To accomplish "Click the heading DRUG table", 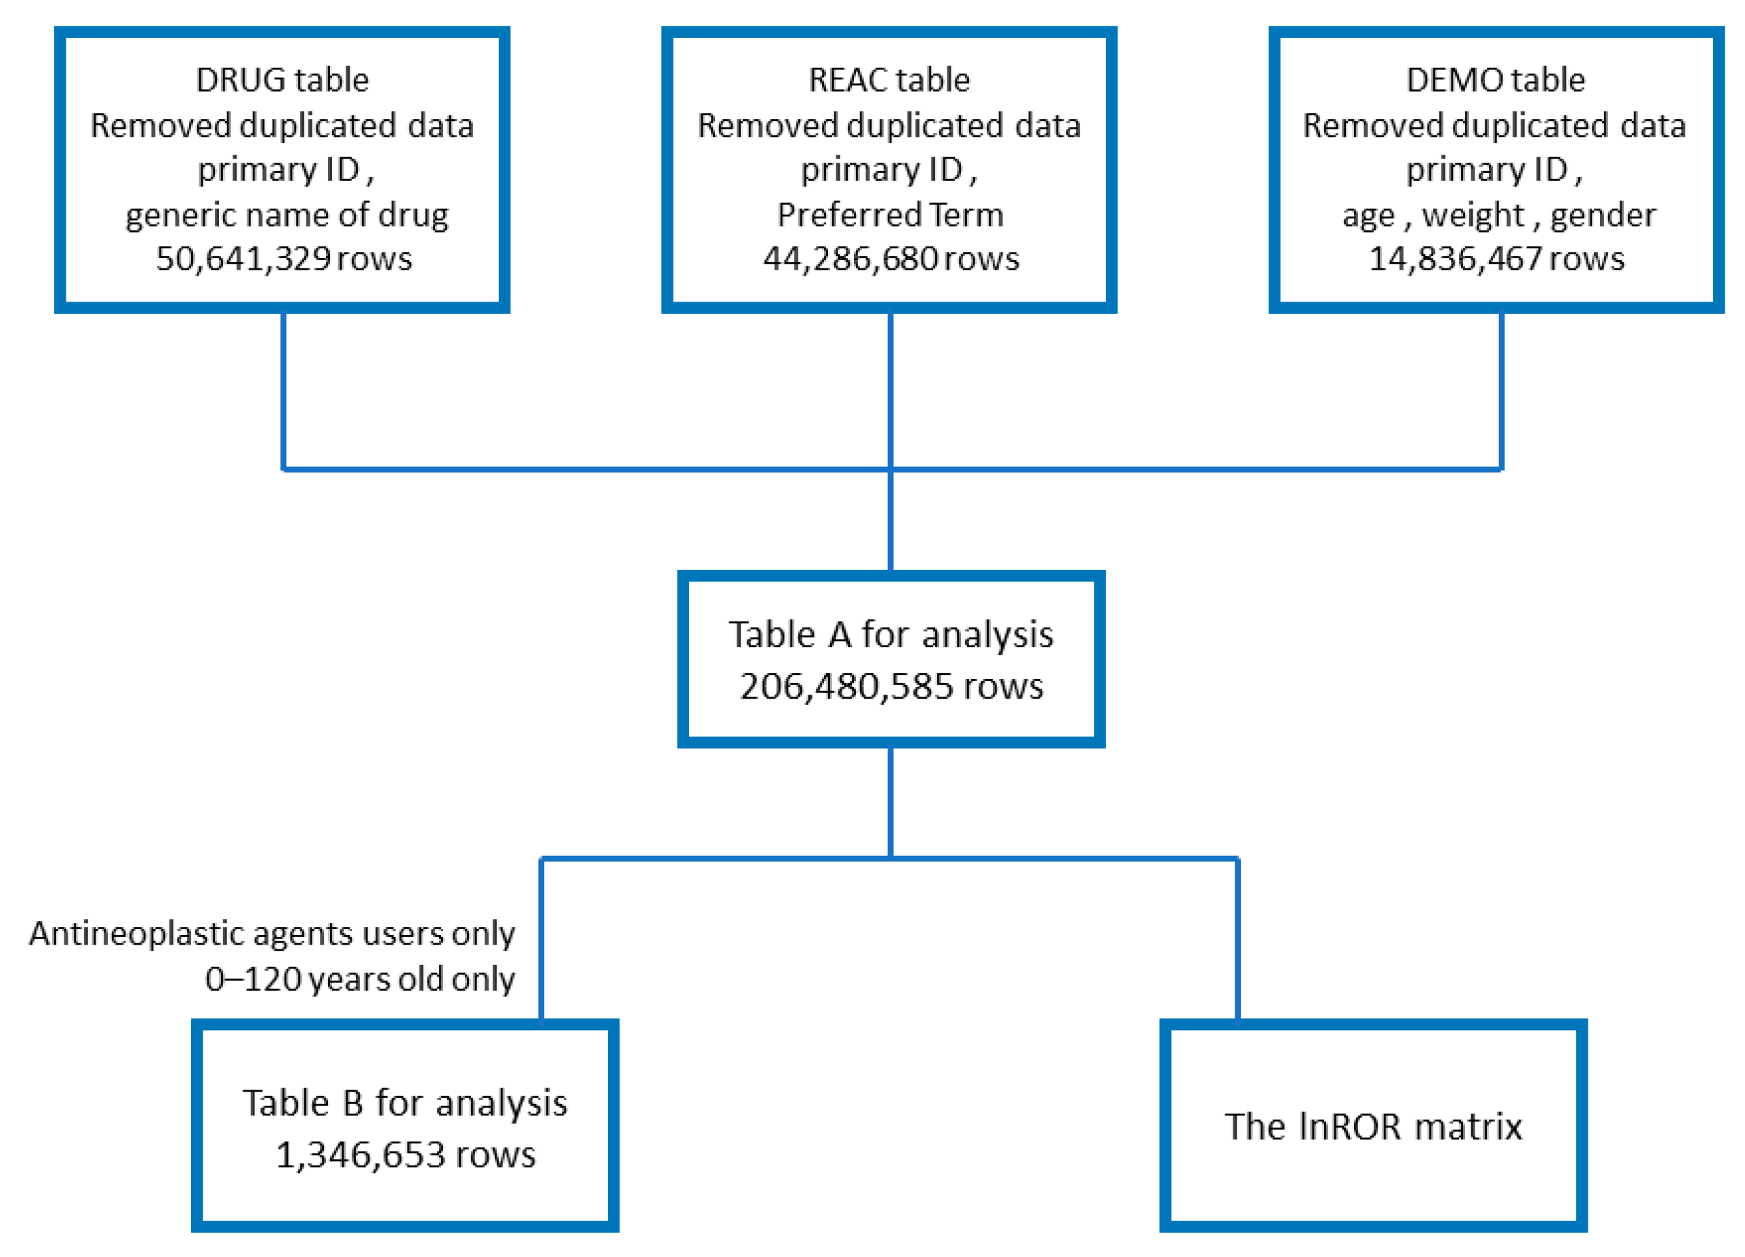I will pyautogui.click(x=283, y=80).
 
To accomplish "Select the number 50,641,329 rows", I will pyautogui.click(x=284, y=258).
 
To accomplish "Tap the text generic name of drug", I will pyautogui.click(x=287, y=215).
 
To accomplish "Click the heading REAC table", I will pyautogui.click(x=888, y=80).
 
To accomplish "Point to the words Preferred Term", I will pyautogui.click(x=890, y=215).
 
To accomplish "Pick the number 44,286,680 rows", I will pyautogui.click(x=891, y=258).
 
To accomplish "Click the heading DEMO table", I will pyautogui.click(x=1495, y=80).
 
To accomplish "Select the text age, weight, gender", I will pyautogui.click(x=1499, y=215).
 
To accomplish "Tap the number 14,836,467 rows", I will pyautogui.click(x=1496, y=258).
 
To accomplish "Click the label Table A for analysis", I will pyautogui.click(x=891, y=635).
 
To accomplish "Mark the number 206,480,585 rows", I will pyautogui.click(x=891, y=686).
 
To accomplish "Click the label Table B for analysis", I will pyautogui.click(x=405, y=1103).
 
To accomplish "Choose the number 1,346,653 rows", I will pyautogui.click(x=405, y=1155).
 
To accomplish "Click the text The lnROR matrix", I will pyautogui.click(x=1374, y=1126).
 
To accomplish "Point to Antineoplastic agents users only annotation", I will pyautogui.click(x=272, y=933).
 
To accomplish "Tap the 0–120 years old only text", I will pyautogui.click(x=359, y=979).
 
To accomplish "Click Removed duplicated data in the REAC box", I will pyautogui.click(x=888, y=125).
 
